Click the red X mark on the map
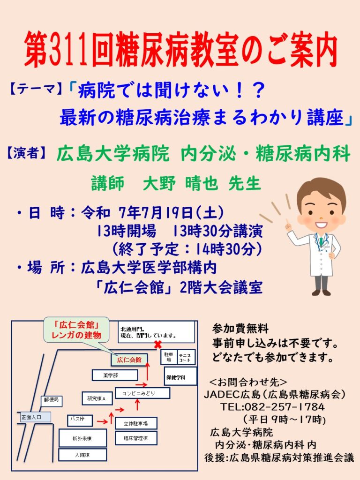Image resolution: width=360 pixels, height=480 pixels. click(157, 345)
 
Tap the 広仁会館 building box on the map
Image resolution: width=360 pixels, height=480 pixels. click(129, 360)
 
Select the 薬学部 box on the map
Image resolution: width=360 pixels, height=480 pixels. click(115, 375)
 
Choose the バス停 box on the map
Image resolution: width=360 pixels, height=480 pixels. click(80, 420)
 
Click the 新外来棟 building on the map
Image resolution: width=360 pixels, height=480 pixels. click(82, 438)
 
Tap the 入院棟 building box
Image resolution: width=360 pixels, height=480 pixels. click(82, 455)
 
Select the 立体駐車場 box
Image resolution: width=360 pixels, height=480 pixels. click(136, 423)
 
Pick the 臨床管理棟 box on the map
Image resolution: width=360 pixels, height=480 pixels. click(136, 438)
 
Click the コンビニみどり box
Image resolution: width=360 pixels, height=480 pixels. click(142, 393)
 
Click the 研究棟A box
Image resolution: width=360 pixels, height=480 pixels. click(97, 398)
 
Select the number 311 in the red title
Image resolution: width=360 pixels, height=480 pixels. click(67, 50)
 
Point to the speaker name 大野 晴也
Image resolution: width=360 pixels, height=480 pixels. click(180, 183)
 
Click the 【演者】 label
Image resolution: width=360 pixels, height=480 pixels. click(26, 153)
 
